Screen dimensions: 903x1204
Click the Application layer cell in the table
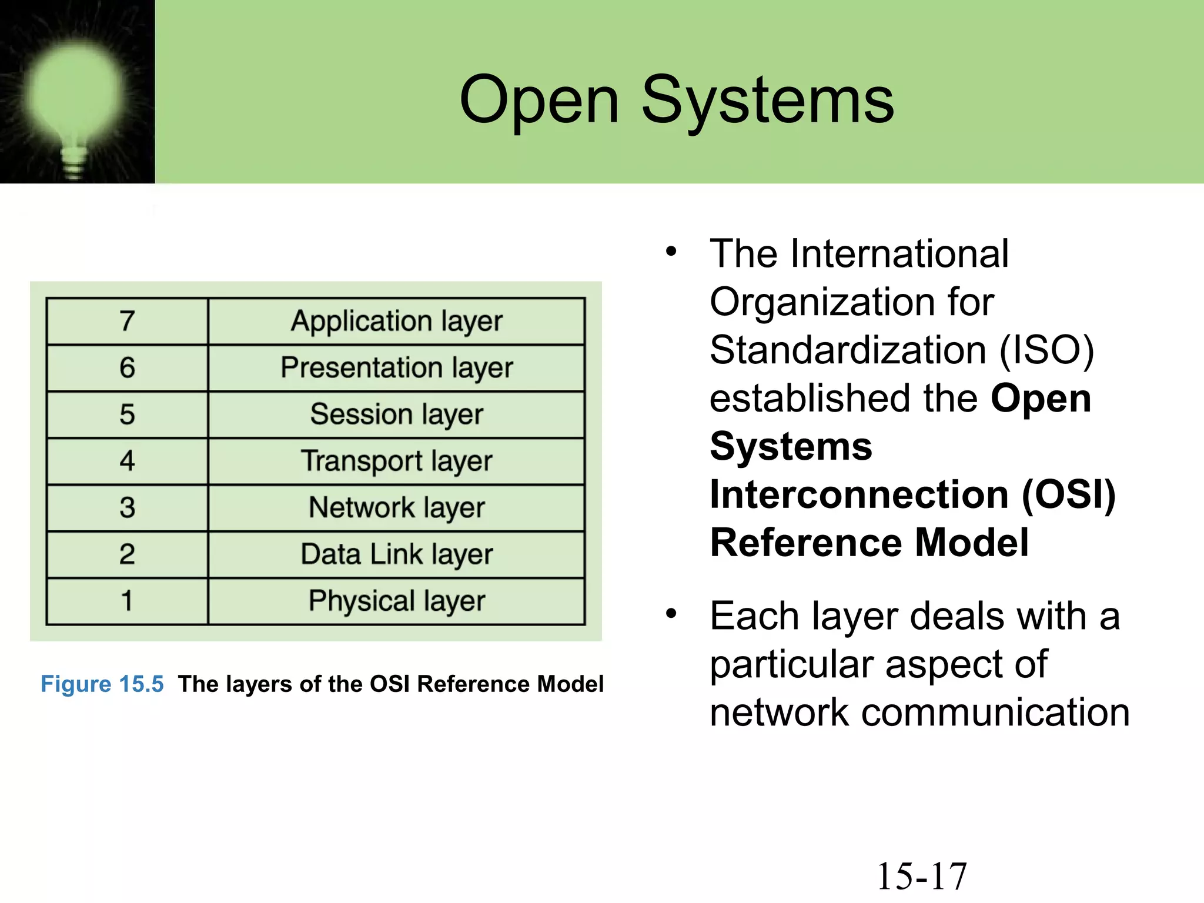(x=397, y=321)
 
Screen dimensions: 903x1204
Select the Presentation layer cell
(x=397, y=367)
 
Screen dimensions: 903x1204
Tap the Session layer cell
(x=397, y=414)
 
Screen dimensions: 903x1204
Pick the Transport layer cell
(x=397, y=461)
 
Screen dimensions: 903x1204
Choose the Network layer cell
(x=397, y=507)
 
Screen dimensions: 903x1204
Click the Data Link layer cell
(x=397, y=554)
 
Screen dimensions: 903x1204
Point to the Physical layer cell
(x=397, y=601)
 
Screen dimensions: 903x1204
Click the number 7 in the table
(x=127, y=321)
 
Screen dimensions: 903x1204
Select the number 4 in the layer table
(x=127, y=461)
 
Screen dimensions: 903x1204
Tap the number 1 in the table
(x=127, y=601)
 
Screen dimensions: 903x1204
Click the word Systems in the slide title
(x=767, y=101)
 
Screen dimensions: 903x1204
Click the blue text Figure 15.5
(x=102, y=684)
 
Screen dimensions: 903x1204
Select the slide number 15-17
(x=922, y=877)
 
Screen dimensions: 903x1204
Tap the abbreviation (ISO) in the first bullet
(x=1047, y=350)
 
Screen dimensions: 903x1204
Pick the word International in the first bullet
(x=899, y=254)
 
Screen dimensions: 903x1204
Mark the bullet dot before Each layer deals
(x=671, y=614)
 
